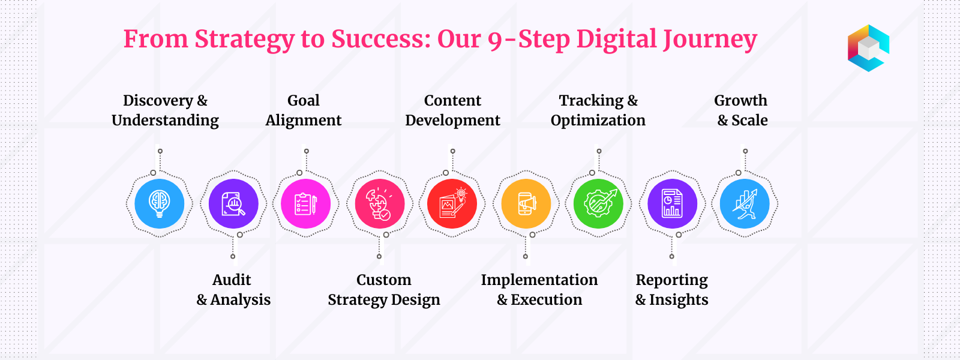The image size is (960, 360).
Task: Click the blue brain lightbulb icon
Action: click(x=160, y=203)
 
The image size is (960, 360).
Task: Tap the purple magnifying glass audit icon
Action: click(x=233, y=203)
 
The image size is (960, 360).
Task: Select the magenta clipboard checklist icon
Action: click(x=305, y=203)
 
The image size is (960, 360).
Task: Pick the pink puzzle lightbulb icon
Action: click(x=380, y=203)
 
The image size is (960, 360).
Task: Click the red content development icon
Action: click(x=452, y=203)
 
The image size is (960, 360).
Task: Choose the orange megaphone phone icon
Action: click(x=526, y=203)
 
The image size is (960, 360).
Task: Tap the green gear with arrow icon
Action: click(x=598, y=203)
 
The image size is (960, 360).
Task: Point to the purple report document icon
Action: click(x=673, y=203)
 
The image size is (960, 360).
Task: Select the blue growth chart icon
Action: click(x=745, y=203)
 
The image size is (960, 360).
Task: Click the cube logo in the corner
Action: click(x=868, y=48)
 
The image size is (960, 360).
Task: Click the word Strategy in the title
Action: click(x=244, y=40)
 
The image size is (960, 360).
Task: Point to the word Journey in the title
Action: click(x=710, y=40)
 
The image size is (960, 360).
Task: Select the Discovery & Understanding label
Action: click(x=166, y=110)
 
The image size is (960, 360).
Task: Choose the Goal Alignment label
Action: click(x=304, y=110)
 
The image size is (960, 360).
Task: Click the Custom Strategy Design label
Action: click(x=384, y=290)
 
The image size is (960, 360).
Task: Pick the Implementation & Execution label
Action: click(x=539, y=290)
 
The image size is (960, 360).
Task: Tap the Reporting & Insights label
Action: click(x=671, y=290)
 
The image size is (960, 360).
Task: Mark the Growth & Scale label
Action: click(x=741, y=110)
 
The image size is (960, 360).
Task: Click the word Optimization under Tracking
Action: click(x=598, y=121)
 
